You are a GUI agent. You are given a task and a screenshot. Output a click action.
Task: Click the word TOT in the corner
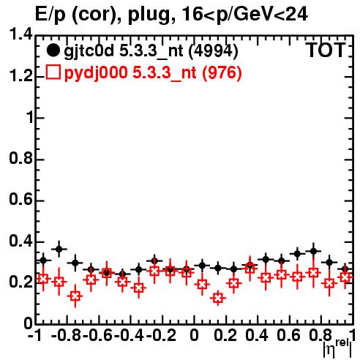[x=326, y=50]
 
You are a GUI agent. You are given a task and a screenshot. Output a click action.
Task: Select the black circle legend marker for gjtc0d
[x=53, y=50]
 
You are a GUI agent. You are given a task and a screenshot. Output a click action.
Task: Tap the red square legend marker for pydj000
[x=53, y=72]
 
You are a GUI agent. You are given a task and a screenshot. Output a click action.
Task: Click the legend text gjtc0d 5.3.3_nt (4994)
[x=151, y=51]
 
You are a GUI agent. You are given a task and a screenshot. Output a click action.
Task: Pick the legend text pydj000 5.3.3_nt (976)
[x=153, y=73]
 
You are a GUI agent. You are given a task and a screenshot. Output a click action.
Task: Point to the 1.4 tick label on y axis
[x=20, y=34]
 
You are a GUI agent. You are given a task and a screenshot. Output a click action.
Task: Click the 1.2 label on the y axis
[x=20, y=76]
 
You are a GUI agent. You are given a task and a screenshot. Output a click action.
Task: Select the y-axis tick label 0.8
[x=20, y=159]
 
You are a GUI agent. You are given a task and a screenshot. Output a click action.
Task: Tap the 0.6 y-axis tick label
[x=20, y=200]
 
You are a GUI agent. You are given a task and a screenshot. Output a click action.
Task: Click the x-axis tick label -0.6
[x=97, y=335]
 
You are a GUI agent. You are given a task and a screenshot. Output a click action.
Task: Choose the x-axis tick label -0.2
[x=161, y=335]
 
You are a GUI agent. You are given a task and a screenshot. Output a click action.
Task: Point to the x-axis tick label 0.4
[x=257, y=335]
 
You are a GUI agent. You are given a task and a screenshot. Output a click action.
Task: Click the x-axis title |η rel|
[x=337, y=349]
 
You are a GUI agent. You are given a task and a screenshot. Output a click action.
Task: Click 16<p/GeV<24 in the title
[x=244, y=15]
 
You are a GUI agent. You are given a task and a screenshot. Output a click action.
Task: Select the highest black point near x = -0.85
[x=59, y=249]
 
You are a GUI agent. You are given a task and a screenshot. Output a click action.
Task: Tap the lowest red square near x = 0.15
[x=218, y=298]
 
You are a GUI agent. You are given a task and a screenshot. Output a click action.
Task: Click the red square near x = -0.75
[x=75, y=296]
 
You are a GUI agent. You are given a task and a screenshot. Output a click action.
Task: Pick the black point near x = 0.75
[x=313, y=251]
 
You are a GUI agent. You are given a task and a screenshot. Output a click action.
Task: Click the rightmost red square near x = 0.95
[x=345, y=277]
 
